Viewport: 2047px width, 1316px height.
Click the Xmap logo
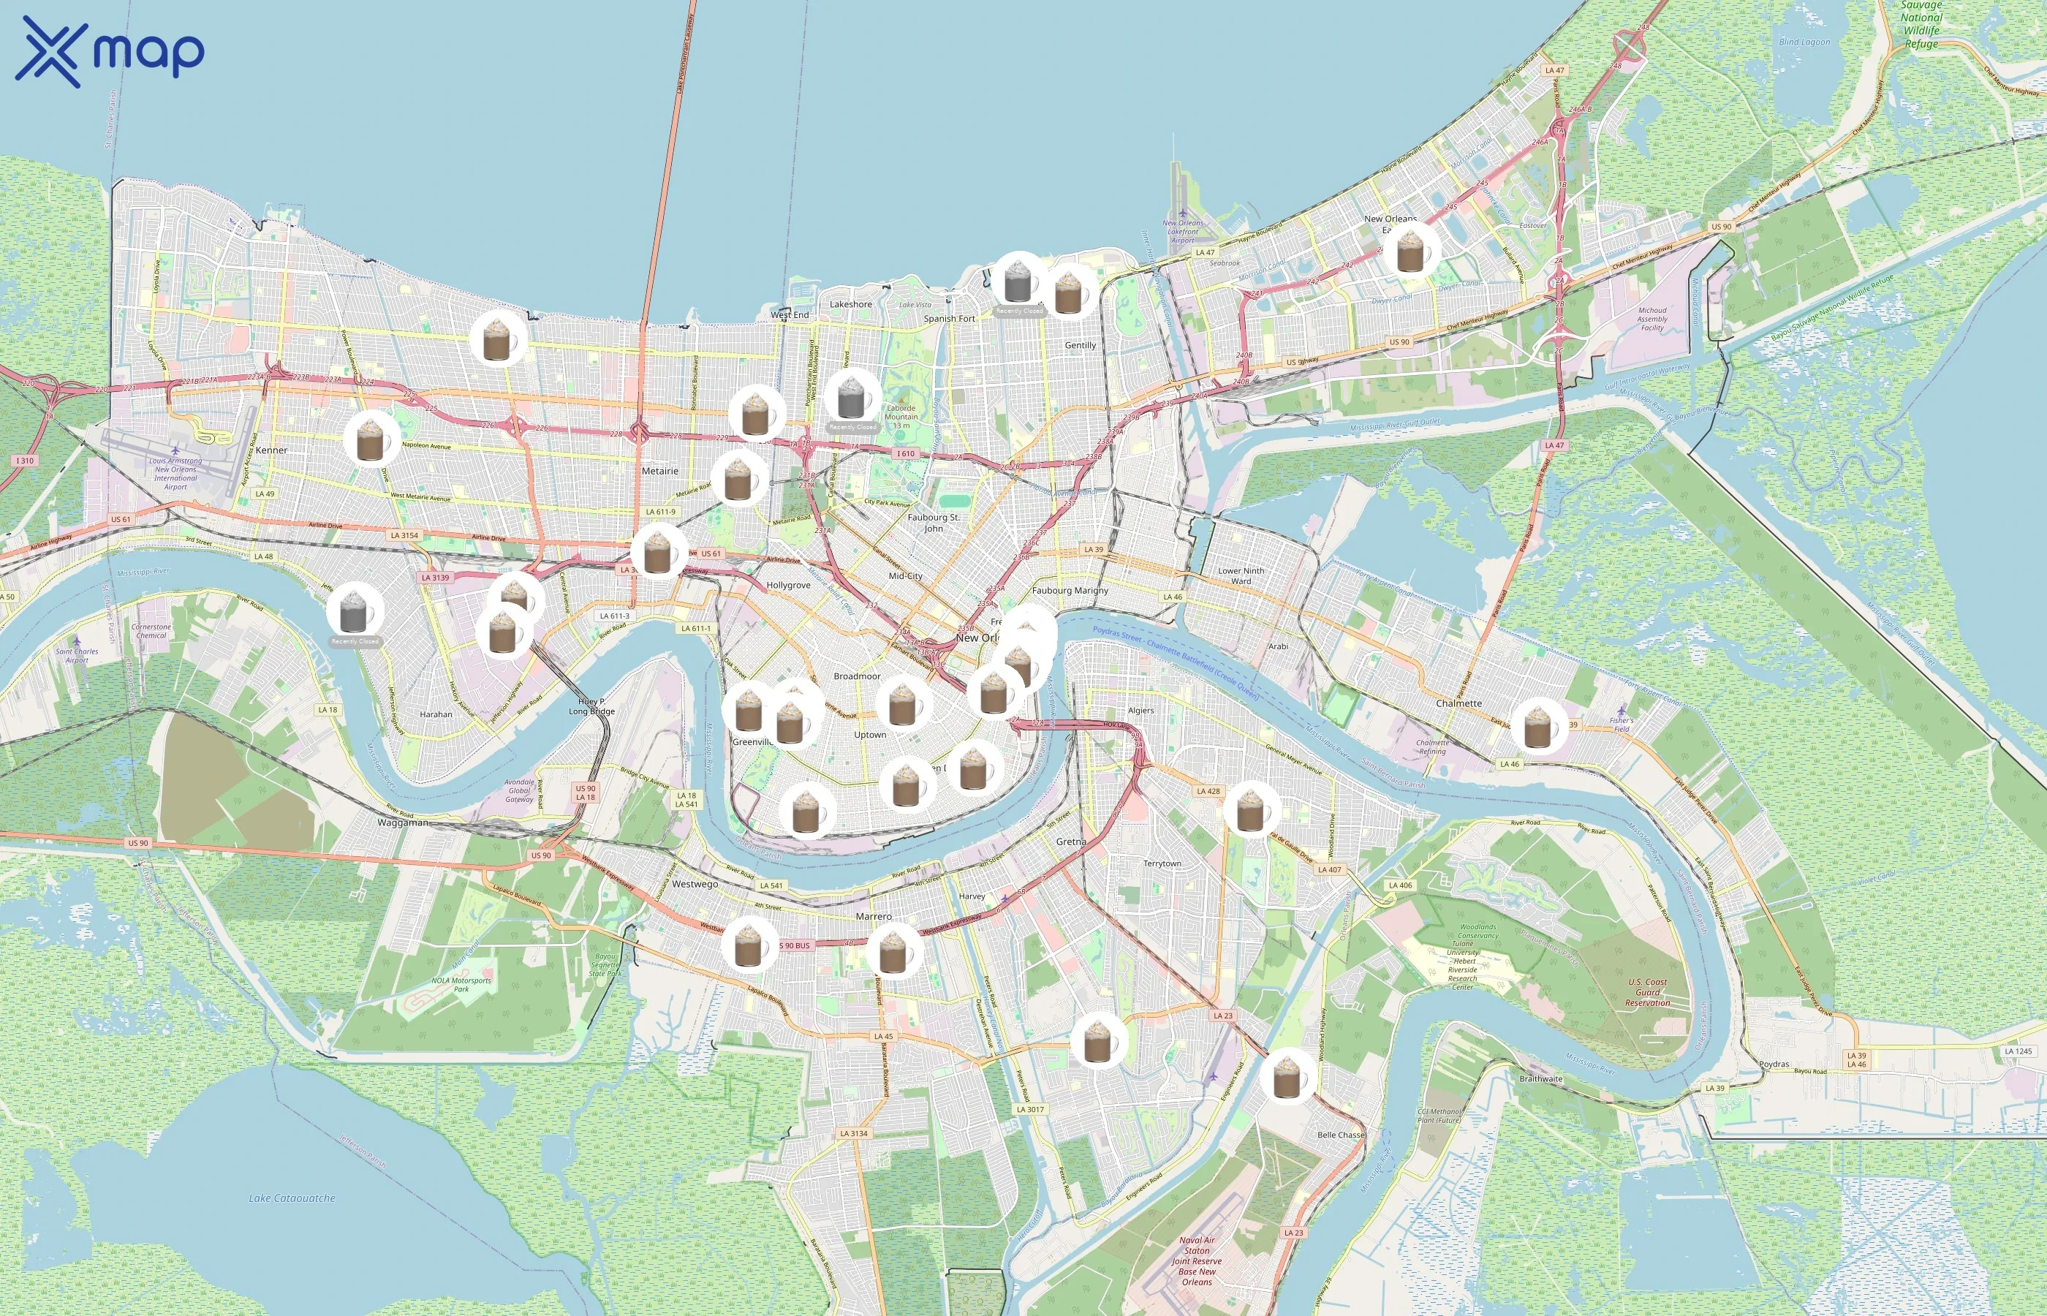pos(110,52)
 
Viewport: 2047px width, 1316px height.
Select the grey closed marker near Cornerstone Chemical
pos(354,612)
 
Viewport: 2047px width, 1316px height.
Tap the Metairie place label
pos(659,471)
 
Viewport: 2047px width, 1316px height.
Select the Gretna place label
pos(1070,842)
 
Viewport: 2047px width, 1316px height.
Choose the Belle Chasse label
pos(1341,1135)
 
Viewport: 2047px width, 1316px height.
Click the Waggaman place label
pos(402,823)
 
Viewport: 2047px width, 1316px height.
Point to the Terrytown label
pos(1162,863)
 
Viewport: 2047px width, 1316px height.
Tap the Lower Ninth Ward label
pos(1241,576)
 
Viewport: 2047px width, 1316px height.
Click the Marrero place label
pos(873,916)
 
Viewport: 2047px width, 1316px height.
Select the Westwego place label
pos(695,885)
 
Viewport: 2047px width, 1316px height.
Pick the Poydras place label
pos(1774,1064)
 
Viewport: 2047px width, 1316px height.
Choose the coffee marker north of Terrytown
pos(1250,809)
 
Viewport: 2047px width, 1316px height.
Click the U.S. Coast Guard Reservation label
pos(1646,992)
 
